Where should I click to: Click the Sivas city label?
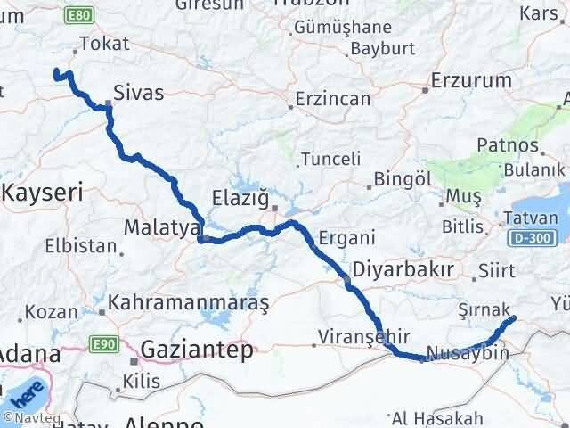pos(139,90)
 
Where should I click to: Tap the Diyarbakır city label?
pos(403,268)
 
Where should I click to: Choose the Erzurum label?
pos(470,81)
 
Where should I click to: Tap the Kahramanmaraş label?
pos(189,302)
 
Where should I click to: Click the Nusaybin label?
pos(468,353)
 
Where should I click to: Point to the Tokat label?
pos(104,44)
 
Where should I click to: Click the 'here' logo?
pos(30,391)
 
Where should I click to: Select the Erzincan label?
pos(333,98)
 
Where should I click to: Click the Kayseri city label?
pos(44,191)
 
